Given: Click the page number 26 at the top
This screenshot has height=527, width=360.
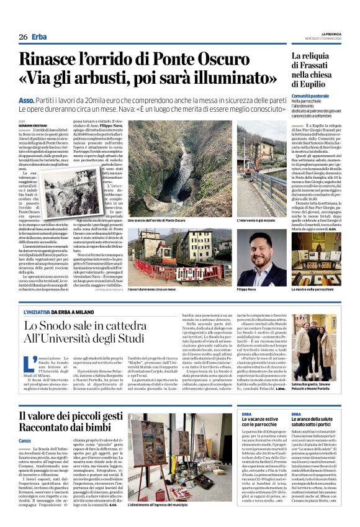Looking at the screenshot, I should click(23, 37).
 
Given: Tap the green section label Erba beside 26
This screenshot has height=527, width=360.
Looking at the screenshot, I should click(39, 37).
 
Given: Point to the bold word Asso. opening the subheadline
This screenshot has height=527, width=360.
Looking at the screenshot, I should click(27, 99).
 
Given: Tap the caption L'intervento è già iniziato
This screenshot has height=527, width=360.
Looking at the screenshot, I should click(256, 220).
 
